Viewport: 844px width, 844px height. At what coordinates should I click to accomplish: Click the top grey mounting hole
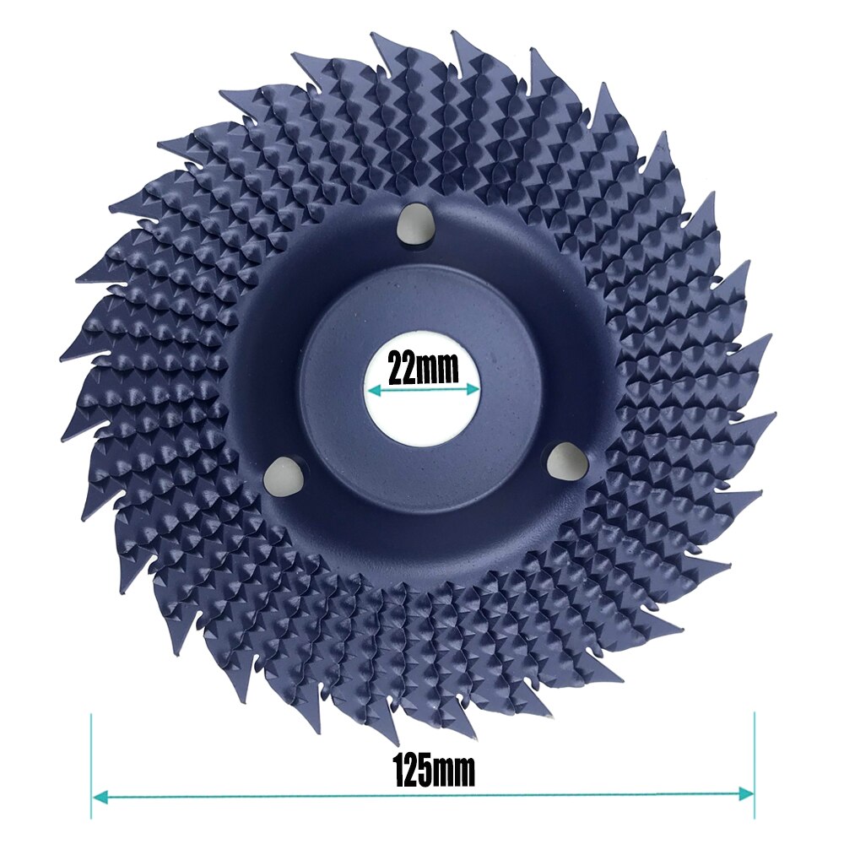pos(412,222)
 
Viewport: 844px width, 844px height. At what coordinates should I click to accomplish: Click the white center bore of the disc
pos(422,414)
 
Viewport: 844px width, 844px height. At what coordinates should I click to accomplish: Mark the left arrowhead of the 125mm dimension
pos(98,794)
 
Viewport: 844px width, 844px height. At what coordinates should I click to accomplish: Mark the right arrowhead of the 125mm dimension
pos(747,793)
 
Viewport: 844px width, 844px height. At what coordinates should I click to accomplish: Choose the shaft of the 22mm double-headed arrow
pos(422,390)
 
